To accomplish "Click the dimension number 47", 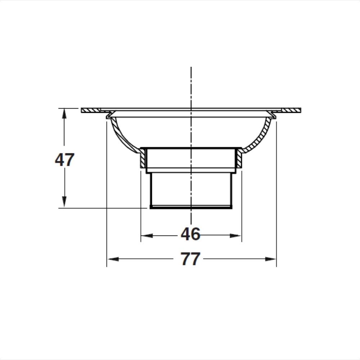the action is [64, 160].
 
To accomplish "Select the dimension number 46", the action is [190, 234].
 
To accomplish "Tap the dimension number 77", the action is [190, 259].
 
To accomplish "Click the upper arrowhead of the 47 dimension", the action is [64, 113].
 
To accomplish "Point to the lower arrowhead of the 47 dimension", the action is [64, 202].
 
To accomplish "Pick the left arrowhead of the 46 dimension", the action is [147, 235].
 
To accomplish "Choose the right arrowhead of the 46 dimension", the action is [235, 235].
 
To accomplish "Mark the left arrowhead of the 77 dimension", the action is [113, 259].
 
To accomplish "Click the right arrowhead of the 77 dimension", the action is [270, 259].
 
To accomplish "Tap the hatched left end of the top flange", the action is [91, 110].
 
